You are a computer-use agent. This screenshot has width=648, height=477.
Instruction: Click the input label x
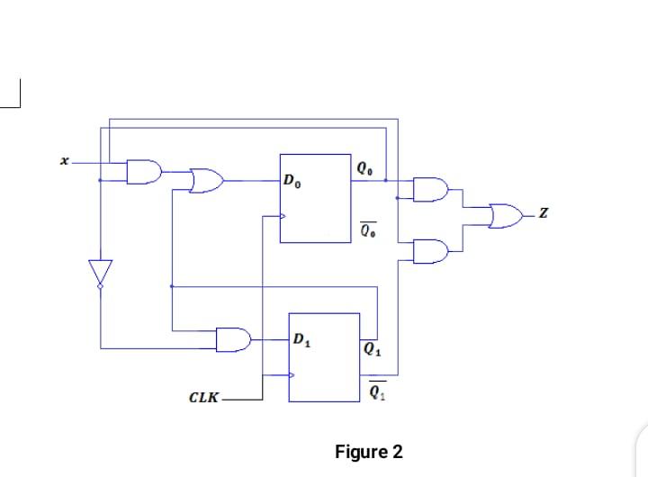tap(63, 163)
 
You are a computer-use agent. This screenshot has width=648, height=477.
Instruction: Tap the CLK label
tap(203, 397)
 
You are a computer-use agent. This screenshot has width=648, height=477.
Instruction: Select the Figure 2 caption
tap(369, 451)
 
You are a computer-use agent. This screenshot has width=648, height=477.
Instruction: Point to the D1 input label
tap(302, 341)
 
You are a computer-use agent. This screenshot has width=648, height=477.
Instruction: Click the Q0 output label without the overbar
tap(363, 167)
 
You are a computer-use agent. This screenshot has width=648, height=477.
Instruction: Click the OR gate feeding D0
tap(207, 180)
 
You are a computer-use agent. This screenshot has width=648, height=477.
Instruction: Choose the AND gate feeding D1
tap(234, 339)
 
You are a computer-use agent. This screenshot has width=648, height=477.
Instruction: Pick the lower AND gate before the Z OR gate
tap(429, 251)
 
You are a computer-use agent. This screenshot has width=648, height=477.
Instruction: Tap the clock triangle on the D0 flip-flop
tap(283, 216)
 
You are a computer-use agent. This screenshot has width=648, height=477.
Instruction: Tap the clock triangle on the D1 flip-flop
tap(292, 375)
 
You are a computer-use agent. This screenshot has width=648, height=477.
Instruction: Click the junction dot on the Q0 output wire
tap(386, 181)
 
